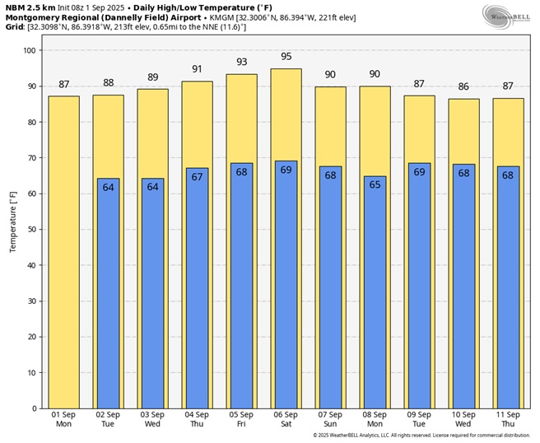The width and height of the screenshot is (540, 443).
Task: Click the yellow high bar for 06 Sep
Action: (286, 115)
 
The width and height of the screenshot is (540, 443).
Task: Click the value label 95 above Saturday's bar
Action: (286, 57)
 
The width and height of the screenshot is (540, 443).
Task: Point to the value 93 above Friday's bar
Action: (241, 63)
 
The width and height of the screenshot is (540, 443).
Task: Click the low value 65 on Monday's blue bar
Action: (375, 184)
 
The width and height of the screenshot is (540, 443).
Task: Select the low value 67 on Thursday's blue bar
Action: (197, 177)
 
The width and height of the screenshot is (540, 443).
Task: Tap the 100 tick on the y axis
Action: (29, 50)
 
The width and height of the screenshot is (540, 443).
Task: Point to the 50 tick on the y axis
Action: (30, 230)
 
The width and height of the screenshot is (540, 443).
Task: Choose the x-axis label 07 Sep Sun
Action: (330, 419)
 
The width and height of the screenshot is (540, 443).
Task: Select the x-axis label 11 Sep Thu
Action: (508, 419)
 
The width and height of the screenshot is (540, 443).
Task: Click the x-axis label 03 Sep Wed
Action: (152, 419)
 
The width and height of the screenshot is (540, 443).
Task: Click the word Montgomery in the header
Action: (31, 16)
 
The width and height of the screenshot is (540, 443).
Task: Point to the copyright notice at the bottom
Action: (421, 436)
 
